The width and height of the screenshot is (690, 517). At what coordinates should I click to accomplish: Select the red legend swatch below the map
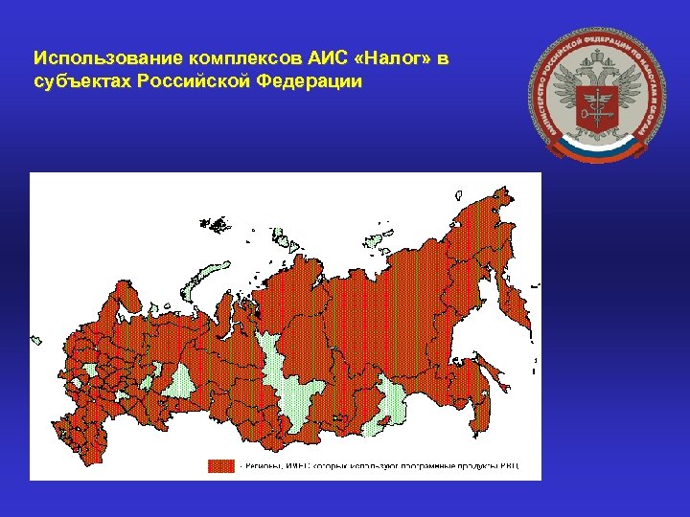(221, 466)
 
